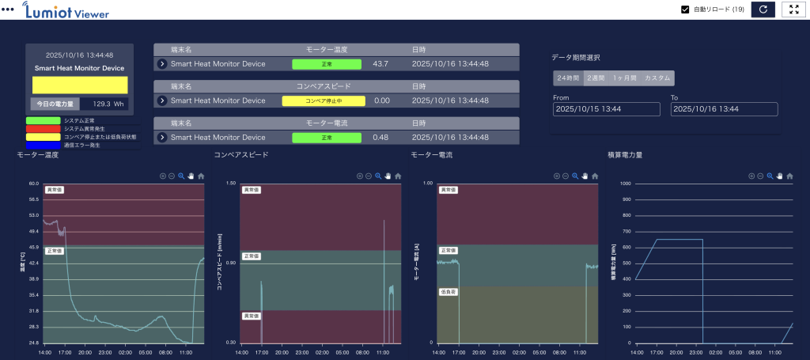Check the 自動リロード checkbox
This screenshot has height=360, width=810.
click(x=686, y=9)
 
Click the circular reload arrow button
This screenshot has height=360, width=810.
click(x=763, y=9)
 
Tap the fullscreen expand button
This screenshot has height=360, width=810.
click(x=793, y=9)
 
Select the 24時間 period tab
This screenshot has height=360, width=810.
click(x=568, y=78)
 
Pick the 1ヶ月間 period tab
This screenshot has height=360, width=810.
click(x=625, y=78)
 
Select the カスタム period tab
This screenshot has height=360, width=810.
click(x=657, y=78)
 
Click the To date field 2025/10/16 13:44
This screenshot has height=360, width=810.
click(x=724, y=108)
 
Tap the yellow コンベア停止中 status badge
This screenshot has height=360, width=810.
click(x=324, y=100)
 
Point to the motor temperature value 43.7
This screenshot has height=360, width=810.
click(x=380, y=64)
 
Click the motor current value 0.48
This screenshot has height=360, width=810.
click(x=380, y=138)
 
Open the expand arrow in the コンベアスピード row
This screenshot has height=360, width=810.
click(x=162, y=100)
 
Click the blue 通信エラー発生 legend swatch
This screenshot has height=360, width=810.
click(x=44, y=146)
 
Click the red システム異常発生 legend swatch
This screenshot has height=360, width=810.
click(x=44, y=128)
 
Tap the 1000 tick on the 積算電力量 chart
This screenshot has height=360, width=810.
click(x=625, y=184)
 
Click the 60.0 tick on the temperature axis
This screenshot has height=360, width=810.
click(x=33, y=184)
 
